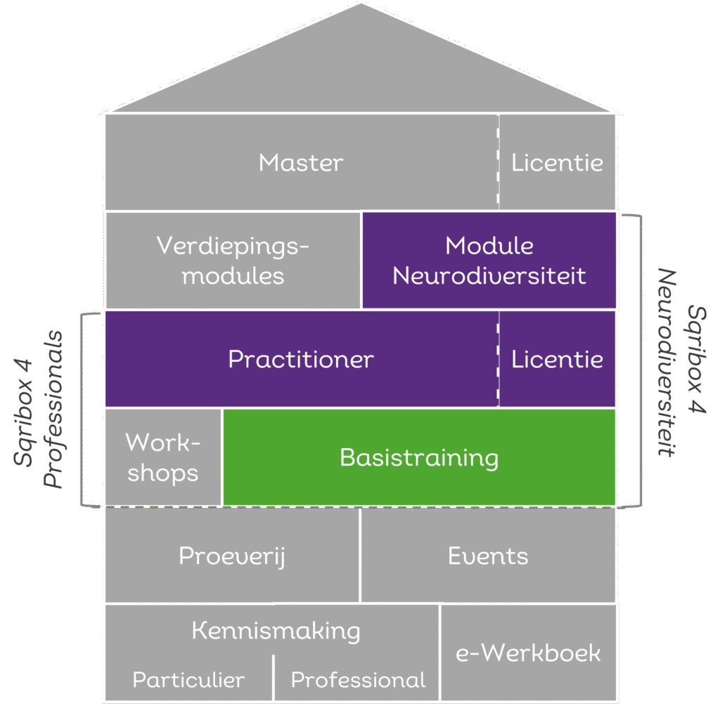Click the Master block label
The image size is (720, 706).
click(x=301, y=163)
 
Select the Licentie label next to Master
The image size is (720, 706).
click(x=557, y=163)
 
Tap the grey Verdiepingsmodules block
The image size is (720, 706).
click(x=233, y=260)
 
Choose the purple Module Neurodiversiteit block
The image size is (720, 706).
click(x=489, y=260)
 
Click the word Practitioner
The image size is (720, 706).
click(x=301, y=360)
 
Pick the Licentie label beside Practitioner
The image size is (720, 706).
click(x=557, y=360)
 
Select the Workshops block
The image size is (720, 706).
click(x=163, y=457)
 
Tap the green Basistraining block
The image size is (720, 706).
click(x=419, y=457)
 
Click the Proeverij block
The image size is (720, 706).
click(x=232, y=556)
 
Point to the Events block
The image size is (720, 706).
click(x=488, y=556)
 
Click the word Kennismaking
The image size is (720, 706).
click(x=276, y=630)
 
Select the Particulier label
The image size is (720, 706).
click(x=188, y=680)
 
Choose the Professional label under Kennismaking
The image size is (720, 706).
click(x=358, y=680)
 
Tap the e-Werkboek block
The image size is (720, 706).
click(x=528, y=653)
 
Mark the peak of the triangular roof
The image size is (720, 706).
click(x=361, y=4)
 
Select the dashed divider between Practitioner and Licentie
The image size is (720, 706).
click(x=499, y=359)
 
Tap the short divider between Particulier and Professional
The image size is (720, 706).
click(x=273, y=677)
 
